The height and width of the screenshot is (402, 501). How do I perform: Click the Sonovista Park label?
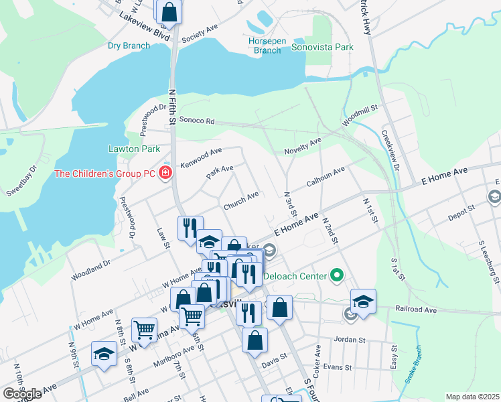tap(321, 48)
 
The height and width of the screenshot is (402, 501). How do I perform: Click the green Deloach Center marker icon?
tap(337, 275)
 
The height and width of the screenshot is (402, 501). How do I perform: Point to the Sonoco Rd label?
tap(196, 121)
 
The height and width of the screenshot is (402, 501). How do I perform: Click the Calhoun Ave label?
tap(325, 176)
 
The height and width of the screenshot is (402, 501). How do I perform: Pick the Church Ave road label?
tap(241, 197)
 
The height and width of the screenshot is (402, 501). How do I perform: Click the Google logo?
tap(23, 394)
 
